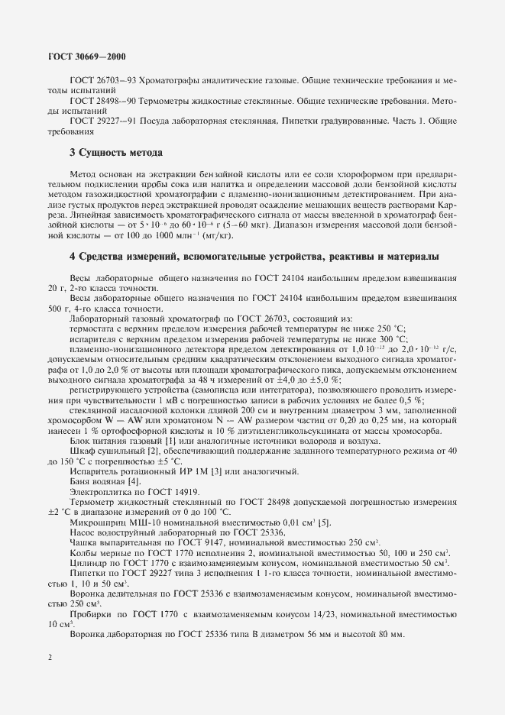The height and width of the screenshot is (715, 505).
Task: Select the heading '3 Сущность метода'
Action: click(115, 152)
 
